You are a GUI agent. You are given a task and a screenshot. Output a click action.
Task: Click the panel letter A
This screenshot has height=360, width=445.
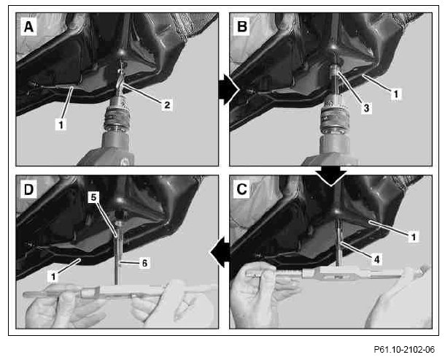coord(28,27)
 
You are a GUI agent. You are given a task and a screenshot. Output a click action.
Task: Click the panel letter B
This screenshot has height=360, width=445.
coord(241,27)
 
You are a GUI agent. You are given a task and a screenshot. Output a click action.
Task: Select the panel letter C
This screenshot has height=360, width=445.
coord(241,189)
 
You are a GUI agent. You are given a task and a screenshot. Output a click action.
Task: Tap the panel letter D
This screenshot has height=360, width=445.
coord(28,190)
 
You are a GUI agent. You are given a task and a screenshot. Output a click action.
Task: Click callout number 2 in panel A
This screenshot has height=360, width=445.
coord(167,105)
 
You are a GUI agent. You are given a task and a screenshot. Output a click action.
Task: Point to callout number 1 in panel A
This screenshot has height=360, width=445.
coord(61,124)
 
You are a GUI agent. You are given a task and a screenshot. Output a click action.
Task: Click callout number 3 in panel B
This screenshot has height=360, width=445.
coord(366,107)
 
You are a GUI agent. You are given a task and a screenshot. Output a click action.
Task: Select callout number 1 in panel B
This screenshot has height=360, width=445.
coord(396,93)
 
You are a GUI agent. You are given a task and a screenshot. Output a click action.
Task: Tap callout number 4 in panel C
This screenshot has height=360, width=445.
coord(376,259)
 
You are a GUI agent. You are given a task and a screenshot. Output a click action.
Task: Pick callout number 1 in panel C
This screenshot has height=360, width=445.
coord(413,237)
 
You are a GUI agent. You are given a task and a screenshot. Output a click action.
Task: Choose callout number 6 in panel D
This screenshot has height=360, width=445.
coord(144,263)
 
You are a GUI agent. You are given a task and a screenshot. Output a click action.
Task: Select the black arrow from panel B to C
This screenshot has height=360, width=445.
coord(331,176)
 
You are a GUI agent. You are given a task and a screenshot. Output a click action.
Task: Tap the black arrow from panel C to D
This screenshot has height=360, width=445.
coord(220,252)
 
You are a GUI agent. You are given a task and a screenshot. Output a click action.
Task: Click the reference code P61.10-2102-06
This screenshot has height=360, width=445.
coord(404,349)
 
